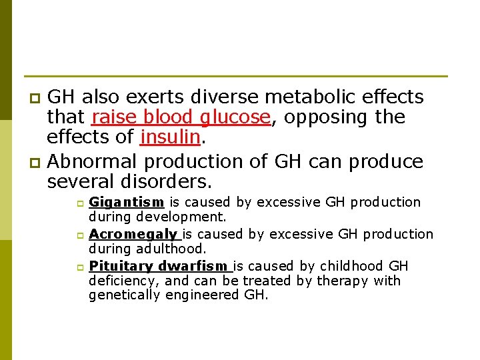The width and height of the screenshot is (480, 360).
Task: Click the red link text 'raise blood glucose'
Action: point(180,118)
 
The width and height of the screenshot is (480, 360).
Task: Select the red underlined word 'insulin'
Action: point(170,138)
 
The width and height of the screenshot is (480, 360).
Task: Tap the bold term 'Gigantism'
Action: point(127,202)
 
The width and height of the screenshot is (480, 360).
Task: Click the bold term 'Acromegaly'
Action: point(134,234)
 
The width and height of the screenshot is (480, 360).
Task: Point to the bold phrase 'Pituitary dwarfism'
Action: point(159,266)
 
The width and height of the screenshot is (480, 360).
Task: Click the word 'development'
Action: point(181,217)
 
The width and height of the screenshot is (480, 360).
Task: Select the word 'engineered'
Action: point(201,295)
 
